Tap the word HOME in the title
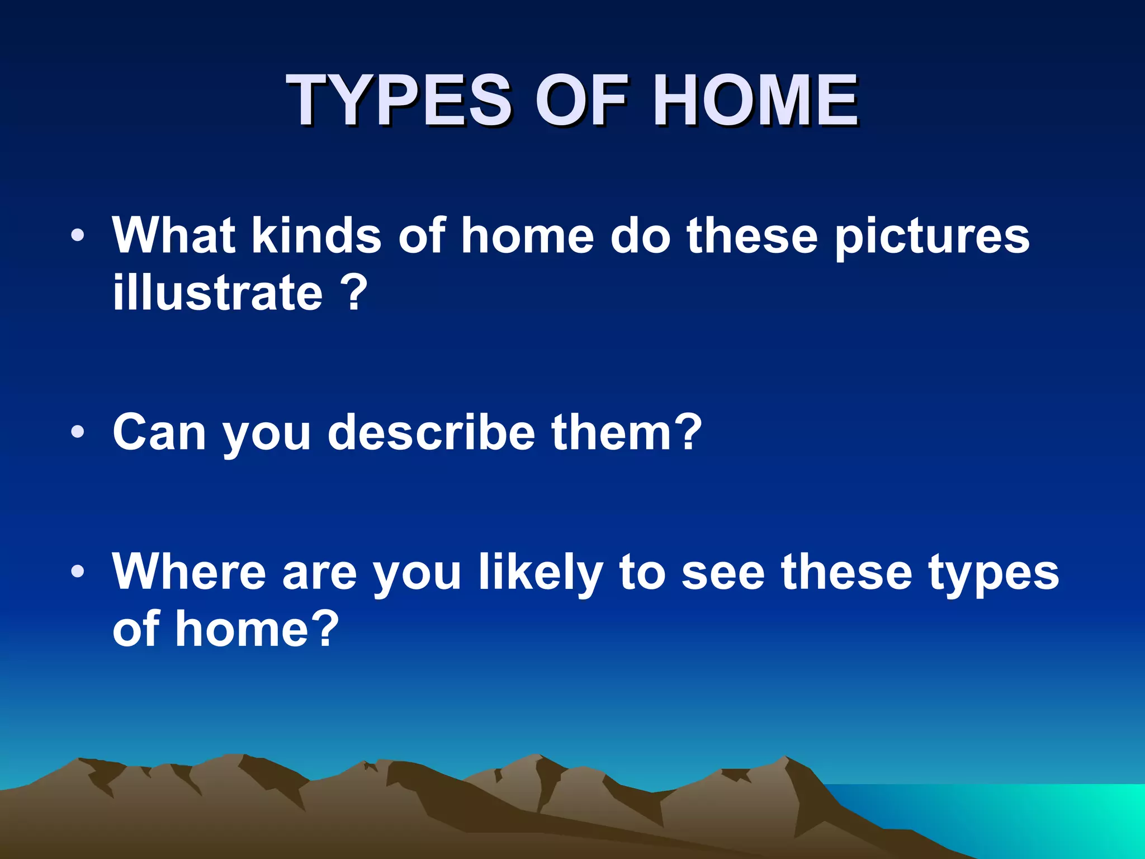click(755, 101)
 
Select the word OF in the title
click(581, 101)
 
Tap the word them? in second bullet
click(626, 432)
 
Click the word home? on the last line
click(257, 629)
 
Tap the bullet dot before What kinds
click(78, 235)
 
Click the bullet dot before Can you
click(78, 432)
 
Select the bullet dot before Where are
click(78, 572)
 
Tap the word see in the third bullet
click(722, 573)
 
